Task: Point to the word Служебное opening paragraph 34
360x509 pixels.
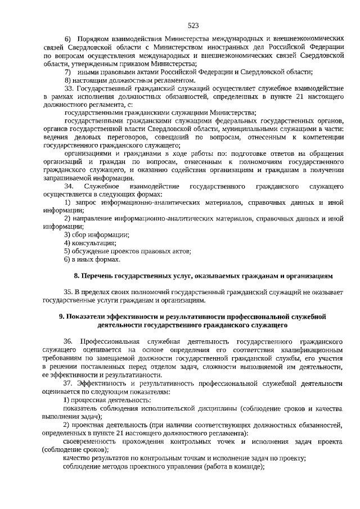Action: point(100,186)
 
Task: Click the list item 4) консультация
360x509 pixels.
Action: point(89,243)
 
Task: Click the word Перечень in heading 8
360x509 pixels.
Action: point(97,276)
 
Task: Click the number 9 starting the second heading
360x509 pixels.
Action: point(62,317)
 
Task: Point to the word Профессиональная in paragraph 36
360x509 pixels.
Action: point(108,341)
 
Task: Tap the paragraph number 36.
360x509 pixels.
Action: point(69,341)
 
